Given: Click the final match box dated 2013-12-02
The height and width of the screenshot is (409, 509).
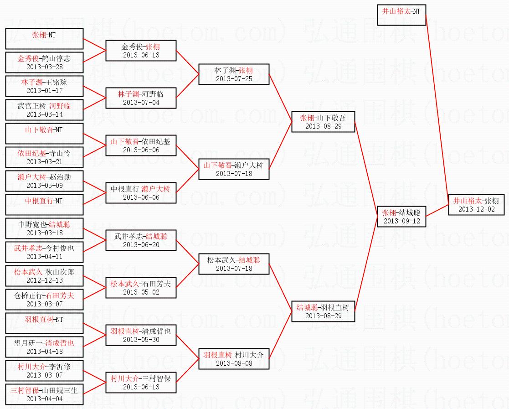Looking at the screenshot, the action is [x=476, y=205].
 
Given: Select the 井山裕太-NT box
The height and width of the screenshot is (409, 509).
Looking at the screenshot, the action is [x=401, y=15].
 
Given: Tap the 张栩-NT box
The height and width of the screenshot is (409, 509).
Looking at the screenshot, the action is [x=44, y=39].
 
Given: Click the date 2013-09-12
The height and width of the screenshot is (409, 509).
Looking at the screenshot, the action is [x=401, y=221].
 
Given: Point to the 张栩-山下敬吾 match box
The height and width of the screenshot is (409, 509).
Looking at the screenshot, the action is [x=323, y=122].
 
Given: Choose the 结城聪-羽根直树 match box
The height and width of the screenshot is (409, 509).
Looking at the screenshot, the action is [x=323, y=311].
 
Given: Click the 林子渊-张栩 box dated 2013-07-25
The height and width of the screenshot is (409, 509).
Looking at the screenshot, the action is [x=234, y=74].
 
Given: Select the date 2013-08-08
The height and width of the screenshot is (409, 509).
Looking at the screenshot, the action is [x=234, y=363].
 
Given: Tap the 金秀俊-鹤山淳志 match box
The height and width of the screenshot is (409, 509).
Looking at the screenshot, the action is [x=44, y=62].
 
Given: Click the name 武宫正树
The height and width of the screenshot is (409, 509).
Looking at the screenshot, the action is [x=31, y=106].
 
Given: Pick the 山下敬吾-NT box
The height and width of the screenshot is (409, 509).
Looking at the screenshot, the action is [x=44, y=134].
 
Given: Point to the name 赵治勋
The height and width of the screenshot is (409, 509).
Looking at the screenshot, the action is [x=60, y=177].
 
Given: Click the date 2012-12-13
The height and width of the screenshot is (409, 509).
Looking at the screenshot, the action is [x=45, y=280].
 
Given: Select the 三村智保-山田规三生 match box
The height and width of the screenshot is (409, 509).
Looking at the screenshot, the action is [x=44, y=394].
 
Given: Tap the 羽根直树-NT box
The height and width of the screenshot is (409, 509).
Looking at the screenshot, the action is [x=44, y=323].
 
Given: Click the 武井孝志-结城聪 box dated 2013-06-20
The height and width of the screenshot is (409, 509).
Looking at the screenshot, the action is [x=141, y=240].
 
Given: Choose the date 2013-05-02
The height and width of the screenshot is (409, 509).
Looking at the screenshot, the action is [x=141, y=292].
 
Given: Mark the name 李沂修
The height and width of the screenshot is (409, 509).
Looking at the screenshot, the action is [x=60, y=367].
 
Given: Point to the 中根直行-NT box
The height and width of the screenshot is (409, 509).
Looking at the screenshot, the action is [x=44, y=205].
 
